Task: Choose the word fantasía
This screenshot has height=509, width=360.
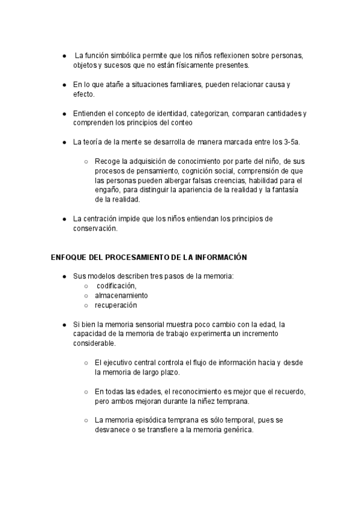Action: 283,189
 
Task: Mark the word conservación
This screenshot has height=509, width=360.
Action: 94,228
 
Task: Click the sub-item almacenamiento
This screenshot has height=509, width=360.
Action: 122,295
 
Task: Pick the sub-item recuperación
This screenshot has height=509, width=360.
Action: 116,305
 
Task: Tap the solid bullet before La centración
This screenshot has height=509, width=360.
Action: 64,219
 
